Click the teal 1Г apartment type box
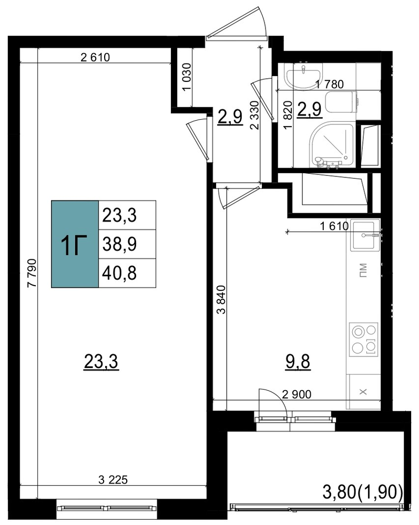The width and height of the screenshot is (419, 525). (75, 244)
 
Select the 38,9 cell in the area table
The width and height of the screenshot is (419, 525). (127, 244)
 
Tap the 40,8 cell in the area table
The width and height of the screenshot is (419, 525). (127, 273)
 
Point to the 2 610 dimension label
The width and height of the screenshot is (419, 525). (95, 58)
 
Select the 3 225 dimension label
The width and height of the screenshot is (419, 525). (114, 480)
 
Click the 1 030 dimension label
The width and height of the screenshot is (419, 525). (187, 77)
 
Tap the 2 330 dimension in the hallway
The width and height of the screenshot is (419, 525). (255, 115)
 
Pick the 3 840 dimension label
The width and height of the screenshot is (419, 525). (221, 299)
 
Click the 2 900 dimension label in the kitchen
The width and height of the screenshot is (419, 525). (297, 394)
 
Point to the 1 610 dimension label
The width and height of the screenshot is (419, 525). (334, 226)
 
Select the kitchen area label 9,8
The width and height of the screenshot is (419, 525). (298, 362)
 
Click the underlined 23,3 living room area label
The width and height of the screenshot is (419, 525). (101, 362)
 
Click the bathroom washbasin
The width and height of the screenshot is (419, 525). (303, 76)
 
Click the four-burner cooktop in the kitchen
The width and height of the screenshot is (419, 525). (364, 339)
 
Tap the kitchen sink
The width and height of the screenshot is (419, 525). (365, 236)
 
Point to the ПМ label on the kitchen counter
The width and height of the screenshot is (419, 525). (363, 270)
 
